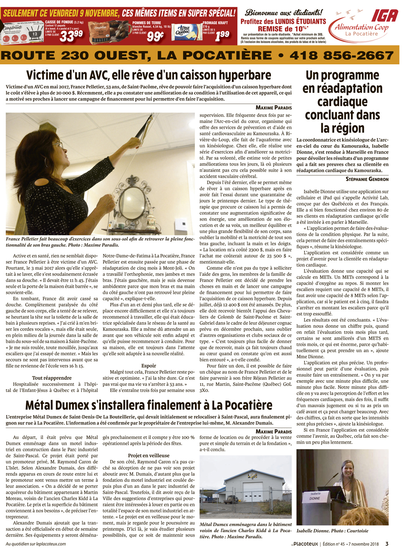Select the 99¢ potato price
pos(155,36)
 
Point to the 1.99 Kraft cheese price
pos(222,36)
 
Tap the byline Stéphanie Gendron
pos(367,179)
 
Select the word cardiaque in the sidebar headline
pos(342,101)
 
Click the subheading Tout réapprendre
pos(52,378)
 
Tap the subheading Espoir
pos(148,366)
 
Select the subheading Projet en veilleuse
pos(148,455)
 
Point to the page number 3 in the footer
pos(387,544)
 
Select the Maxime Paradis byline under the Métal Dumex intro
pos(273,431)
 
